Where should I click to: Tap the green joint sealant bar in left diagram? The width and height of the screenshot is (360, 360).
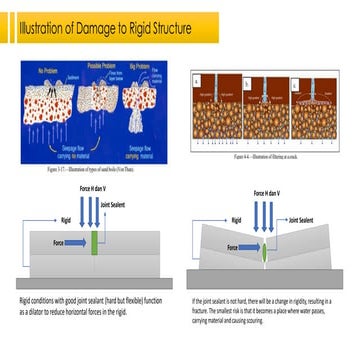[95, 241]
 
